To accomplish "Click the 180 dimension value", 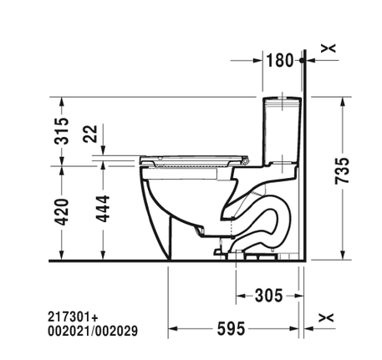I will pos(280,60).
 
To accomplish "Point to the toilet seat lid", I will pos(197,157).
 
